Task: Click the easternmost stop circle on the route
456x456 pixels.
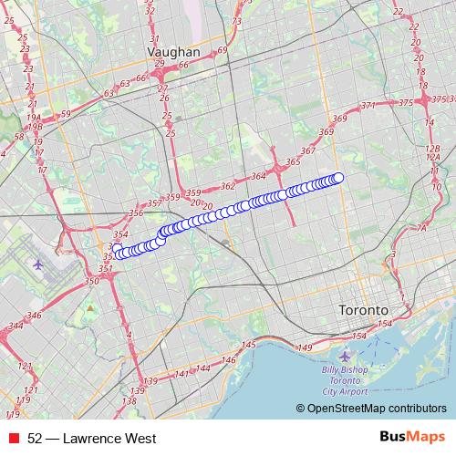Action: tap(338, 178)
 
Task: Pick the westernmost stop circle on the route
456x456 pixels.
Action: tap(117, 248)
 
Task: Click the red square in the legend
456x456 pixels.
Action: tap(14, 439)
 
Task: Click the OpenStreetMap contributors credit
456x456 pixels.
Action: tap(376, 409)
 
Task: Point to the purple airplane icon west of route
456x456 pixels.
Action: tap(37, 264)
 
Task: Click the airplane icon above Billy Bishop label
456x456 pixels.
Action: tap(344, 355)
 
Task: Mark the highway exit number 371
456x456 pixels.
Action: tap(368, 107)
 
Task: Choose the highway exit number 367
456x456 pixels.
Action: tap(307, 150)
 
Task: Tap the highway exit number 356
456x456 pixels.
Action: tap(136, 213)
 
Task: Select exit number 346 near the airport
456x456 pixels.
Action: tap(35, 316)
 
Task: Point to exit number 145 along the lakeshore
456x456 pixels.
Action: tap(250, 345)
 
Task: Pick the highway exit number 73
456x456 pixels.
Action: tap(237, 21)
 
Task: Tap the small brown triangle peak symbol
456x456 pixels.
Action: tap(90, 307)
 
